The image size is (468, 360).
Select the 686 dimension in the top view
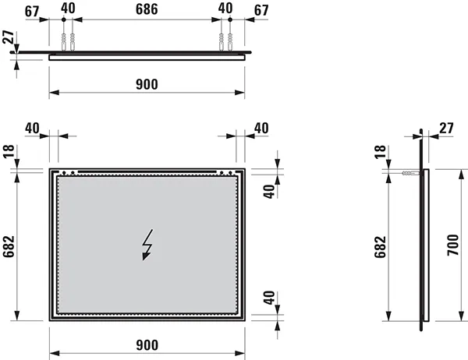tap(147, 9)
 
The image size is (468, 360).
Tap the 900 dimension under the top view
tap(147, 84)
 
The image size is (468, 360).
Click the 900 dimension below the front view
tap(147, 345)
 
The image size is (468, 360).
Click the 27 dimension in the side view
tap(445, 128)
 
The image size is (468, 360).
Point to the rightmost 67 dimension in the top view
tap(261, 9)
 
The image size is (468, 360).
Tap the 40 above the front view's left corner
tap(33, 128)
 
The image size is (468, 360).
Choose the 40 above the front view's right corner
tap(261, 128)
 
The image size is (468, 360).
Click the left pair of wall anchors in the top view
tap(67, 40)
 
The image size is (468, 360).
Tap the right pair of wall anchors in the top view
tap(226, 40)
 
